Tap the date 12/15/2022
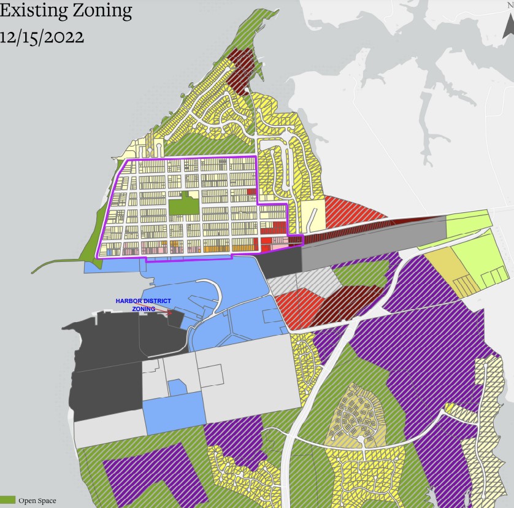click(42, 37)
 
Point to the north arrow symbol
click(508, 25)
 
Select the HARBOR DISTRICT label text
click(144, 301)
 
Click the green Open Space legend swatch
click(7, 501)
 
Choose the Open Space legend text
click(37, 501)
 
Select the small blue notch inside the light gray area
click(177, 387)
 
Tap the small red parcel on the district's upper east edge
click(250, 191)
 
